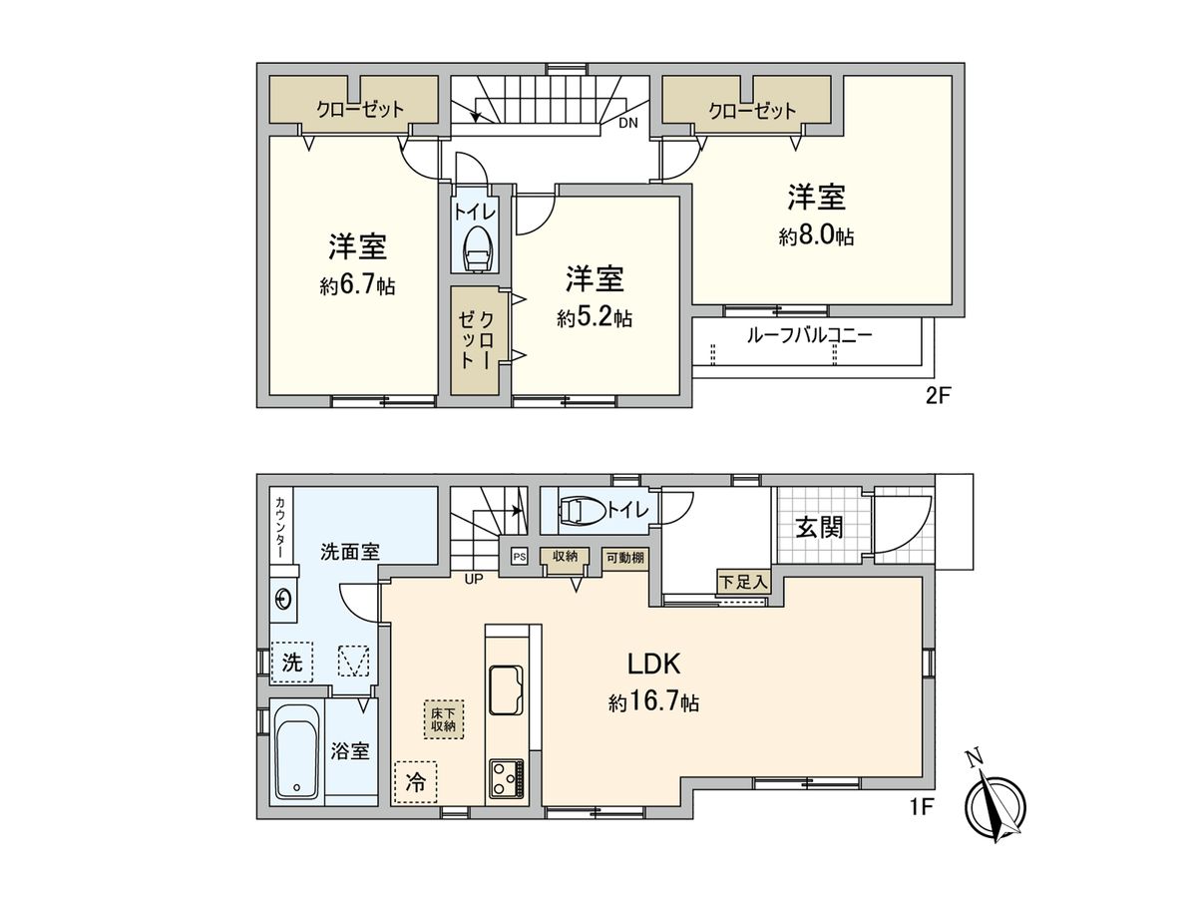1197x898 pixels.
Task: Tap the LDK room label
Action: tap(653, 664)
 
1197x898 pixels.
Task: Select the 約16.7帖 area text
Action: tap(653, 703)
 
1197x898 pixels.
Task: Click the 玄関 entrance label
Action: tap(819, 527)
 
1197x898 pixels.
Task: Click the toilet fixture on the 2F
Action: tap(478, 248)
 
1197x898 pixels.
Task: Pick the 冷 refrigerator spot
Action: tap(415, 783)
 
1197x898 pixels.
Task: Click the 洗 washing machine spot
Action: tap(291, 661)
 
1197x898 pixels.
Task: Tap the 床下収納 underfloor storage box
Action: tap(443, 719)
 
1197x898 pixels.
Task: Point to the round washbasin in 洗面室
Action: tap(283, 600)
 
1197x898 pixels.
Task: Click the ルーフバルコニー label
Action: tap(809, 336)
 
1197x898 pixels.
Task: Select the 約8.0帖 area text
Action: tap(816, 236)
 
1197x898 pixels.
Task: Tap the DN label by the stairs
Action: tap(627, 124)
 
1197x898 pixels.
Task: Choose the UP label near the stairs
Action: tap(472, 577)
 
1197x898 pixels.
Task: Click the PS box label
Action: tap(519, 557)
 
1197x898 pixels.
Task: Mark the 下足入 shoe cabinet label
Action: tap(743, 581)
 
